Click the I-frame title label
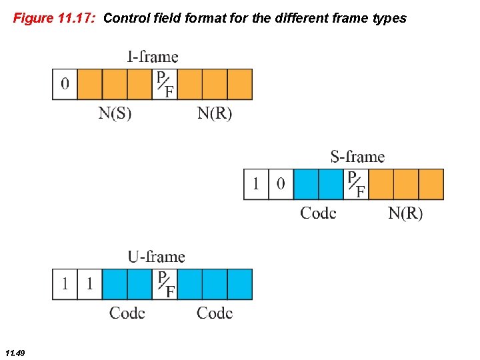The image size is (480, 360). (153, 57)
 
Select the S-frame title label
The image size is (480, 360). (357, 157)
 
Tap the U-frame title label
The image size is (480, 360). (156, 257)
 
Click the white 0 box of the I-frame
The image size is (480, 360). (65, 84)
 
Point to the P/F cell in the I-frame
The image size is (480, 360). (165, 84)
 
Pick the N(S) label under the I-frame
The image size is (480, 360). (115, 113)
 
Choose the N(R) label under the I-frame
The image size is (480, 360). (215, 113)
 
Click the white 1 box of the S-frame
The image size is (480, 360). (256, 184)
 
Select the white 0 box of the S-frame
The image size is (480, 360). (281, 184)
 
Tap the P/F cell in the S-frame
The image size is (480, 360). (356, 184)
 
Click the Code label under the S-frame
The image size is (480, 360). (318, 213)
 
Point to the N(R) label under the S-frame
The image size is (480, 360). (405, 213)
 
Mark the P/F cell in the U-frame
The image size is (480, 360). (165, 284)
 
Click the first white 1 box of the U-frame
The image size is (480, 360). (65, 284)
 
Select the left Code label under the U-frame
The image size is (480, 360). (127, 313)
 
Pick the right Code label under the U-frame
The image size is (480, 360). (215, 313)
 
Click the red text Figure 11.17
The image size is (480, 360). (55, 18)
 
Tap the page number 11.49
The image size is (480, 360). (14, 353)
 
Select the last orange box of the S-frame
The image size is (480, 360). (431, 184)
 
